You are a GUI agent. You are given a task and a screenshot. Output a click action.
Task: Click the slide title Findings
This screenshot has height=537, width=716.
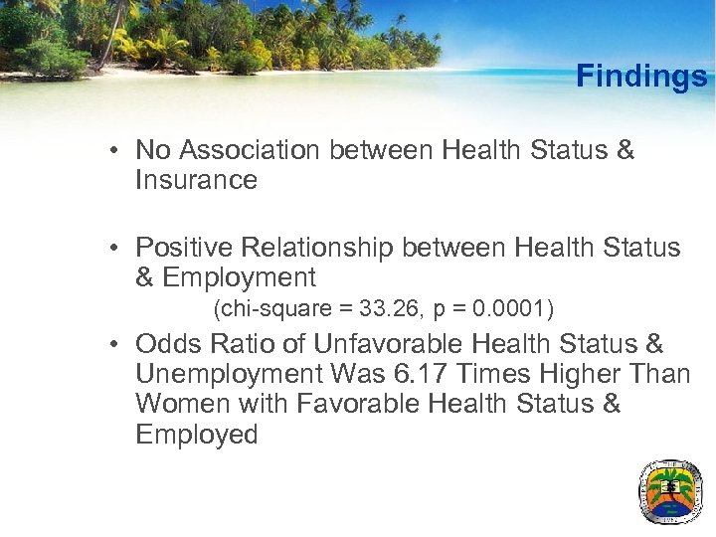[x=641, y=76]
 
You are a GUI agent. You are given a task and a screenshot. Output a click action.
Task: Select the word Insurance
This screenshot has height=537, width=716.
[x=196, y=180]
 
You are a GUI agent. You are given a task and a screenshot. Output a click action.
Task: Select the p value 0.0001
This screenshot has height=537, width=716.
[x=510, y=310]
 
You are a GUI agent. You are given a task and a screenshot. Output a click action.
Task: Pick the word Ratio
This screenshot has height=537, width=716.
[x=241, y=344]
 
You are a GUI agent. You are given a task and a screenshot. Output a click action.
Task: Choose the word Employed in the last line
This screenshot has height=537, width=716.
[x=196, y=435]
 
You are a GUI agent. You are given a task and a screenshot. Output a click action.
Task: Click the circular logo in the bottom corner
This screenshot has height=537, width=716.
[x=669, y=491]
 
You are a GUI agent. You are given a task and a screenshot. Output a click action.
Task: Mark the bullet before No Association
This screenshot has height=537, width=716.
[x=116, y=151]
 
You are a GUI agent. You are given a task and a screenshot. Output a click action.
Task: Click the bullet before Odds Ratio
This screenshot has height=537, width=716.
[x=116, y=345]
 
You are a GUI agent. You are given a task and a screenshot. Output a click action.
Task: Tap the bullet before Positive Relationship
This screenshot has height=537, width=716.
[x=116, y=248]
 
